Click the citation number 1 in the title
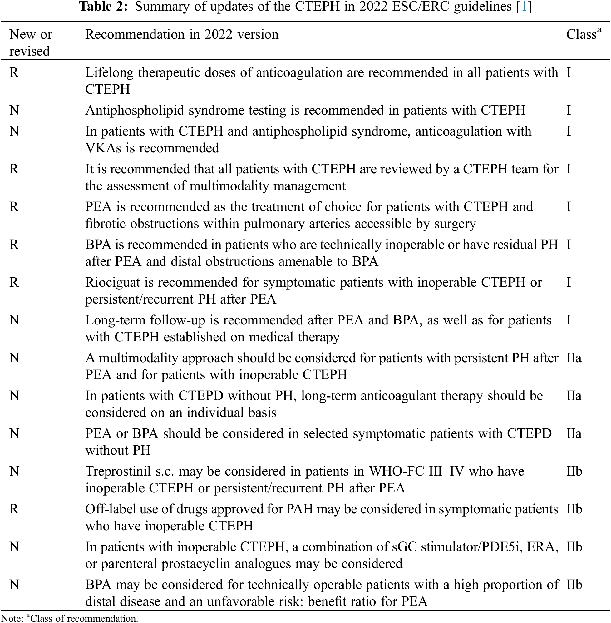coord(524,7)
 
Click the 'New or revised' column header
coord(31,43)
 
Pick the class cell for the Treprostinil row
coord(574,472)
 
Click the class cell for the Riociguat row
coord(569,282)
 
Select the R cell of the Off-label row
coord(14,509)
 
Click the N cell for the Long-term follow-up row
coord(14,320)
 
